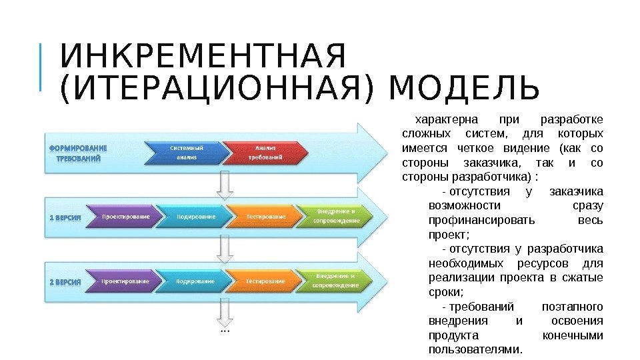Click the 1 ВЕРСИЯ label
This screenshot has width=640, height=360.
(x=66, y=217)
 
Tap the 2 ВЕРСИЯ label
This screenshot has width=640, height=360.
(x=66, y=281)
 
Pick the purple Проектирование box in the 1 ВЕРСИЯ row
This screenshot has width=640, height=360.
(x=125, y=217)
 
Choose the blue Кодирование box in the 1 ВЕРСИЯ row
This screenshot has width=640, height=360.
(x=196, y=217)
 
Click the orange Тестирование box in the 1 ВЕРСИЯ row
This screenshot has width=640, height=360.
(x=266, y=217)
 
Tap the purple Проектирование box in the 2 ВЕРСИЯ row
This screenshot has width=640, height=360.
(x=125, y=281)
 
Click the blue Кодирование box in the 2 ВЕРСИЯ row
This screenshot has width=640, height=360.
(x=196, y=281)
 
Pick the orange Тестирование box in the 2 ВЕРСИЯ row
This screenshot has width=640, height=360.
(x=266, y=281)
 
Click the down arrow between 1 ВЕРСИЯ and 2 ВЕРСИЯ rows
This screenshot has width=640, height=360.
(x=225, y=249)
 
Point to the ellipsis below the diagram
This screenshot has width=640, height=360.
(x=225, y=329)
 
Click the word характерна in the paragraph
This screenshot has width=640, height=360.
(x=447, y=120)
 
